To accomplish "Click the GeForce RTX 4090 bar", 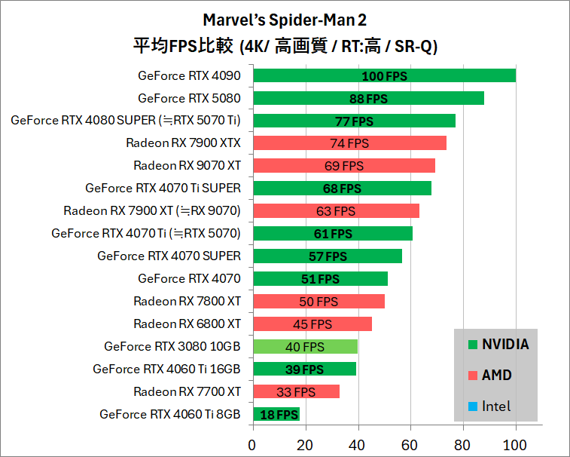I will click(384, 75).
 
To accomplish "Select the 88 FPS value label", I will click(368, 99).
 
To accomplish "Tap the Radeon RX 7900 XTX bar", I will click(350, 143).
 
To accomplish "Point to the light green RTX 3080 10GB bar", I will click(305, 347).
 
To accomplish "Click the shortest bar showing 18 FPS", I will click(276, 414).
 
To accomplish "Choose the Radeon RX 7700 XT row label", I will click(187, 391).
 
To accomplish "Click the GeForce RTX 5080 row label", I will click(189, 98).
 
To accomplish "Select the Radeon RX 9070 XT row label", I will click(187, 166).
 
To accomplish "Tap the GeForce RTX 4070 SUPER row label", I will click(169, 256).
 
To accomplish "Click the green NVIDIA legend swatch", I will click(472, 345).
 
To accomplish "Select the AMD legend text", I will click(496, 376).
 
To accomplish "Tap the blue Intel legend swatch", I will click(472, 406).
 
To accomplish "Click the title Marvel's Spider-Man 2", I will click(285, 19).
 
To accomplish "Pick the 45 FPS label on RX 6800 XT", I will click(312, 324).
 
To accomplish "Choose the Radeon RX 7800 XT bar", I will click(319, 302).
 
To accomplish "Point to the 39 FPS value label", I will click(304, 370).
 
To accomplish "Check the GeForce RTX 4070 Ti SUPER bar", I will click(342, 189).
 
